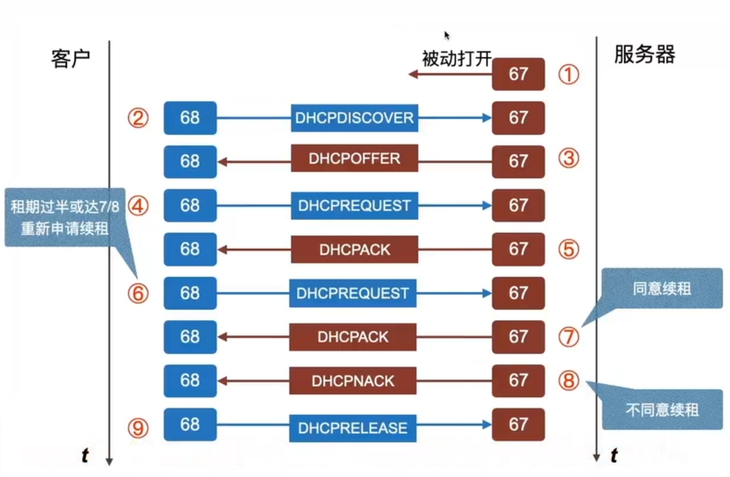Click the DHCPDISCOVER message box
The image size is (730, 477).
(x=354, y=118)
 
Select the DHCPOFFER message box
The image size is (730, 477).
(x=354, y=158)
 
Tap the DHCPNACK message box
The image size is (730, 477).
(x=353, y=380)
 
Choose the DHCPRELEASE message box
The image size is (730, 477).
(x=352, y=428)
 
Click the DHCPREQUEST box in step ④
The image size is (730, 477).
(x=354, y=206)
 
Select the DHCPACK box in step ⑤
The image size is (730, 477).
(x=355, y=249)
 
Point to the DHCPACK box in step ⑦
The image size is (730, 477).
(x=353, y=337)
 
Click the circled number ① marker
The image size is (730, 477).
(x=569, y=75)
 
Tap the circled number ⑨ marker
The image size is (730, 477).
(x=138, y=428)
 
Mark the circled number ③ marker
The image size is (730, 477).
(x=569, y=158)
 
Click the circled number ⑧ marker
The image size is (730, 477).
(x=569, y=380)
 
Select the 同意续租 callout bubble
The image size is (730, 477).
(x=662, y=289)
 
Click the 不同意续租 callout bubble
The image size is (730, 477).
(x=662, y=409)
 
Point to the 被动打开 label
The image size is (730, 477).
(x=457, y=59)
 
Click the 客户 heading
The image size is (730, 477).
(x=70, y=58)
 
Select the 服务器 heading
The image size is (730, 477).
(x=644, y=55)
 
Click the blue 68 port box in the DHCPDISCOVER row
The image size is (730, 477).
(x=190, y=118)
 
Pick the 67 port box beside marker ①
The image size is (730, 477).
(x=518, y=74)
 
